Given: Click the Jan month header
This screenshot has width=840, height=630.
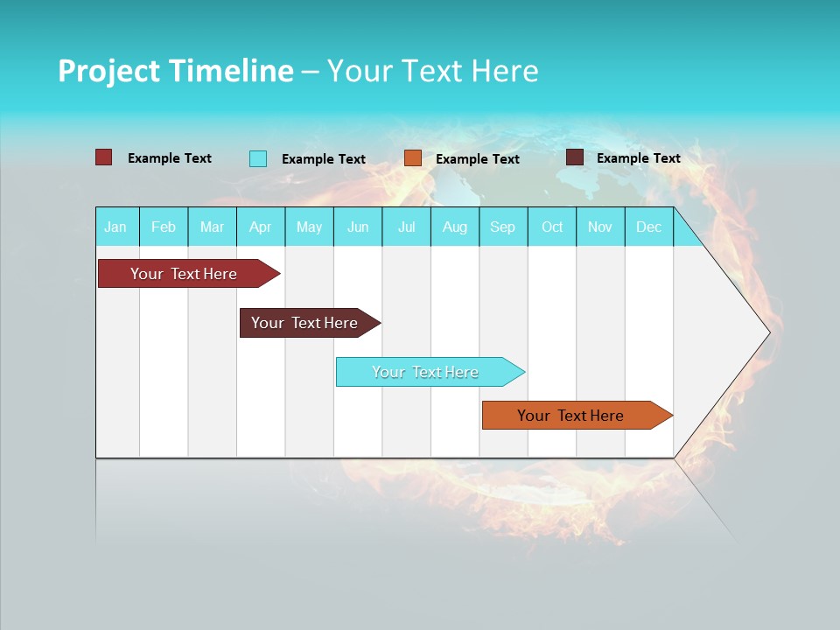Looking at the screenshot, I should point(115,227).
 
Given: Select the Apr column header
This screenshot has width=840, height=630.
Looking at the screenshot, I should point(261,227).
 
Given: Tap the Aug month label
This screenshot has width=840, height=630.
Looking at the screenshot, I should point(455,227).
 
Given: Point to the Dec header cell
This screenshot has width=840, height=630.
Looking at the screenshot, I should point(648,227).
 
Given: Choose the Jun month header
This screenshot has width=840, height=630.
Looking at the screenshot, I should point(358,227).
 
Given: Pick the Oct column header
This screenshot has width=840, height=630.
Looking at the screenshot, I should point(552,227).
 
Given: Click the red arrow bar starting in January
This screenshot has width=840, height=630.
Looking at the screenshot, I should point(185,274).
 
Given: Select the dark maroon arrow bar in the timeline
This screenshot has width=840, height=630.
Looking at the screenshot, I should point(305,323).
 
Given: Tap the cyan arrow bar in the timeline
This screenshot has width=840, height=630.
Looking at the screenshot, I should point(426,372).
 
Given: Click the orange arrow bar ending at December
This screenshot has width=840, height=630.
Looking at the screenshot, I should point(571,416).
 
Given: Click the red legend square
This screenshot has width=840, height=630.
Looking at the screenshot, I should point(104,157).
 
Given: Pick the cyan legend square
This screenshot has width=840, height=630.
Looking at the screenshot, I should point(258,158).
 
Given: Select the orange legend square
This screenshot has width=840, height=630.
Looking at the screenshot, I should point(413,158).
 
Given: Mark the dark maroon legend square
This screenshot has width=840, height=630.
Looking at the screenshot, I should point(575,157).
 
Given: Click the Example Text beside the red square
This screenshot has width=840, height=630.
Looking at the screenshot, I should point(170,158).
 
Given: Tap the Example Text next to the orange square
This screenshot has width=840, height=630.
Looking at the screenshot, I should point(478,159).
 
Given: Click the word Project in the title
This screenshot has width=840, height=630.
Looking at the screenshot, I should point(108,71).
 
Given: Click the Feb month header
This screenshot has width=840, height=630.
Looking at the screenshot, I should point(164,227).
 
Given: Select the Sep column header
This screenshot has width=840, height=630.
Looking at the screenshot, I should point(503,227).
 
